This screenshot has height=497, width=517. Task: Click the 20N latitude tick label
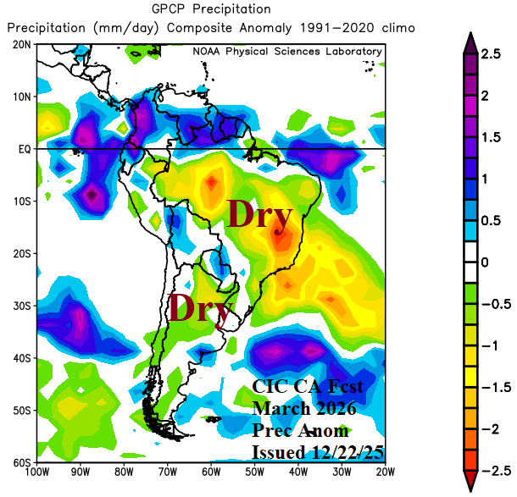click(x=22, y=44)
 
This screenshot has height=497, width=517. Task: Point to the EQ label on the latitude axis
click(x=24, y=148)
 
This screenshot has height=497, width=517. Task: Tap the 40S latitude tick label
click(x=22, y=357)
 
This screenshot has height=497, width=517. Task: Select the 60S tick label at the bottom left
click(x=22, y=462)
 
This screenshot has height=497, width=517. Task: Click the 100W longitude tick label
click(x=37, y=472)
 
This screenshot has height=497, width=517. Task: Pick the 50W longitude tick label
click(x=254, y=472)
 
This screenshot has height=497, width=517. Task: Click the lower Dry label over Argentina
click(x=199, y=309)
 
